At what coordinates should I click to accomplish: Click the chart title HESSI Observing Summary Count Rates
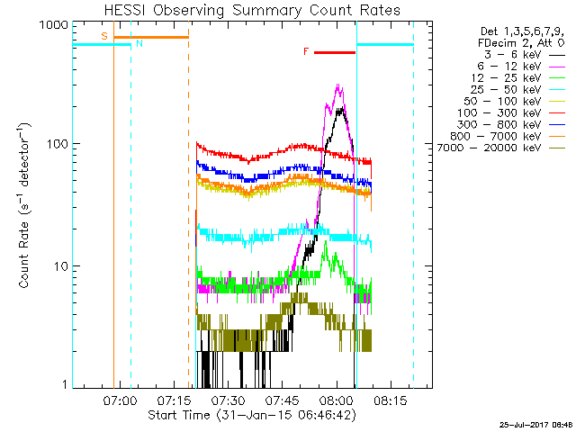tap(252, 10)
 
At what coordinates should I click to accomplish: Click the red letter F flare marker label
tap(306, 52)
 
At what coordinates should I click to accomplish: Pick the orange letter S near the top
tap(104, 36)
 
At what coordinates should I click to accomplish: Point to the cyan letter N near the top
tap(138, 43)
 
